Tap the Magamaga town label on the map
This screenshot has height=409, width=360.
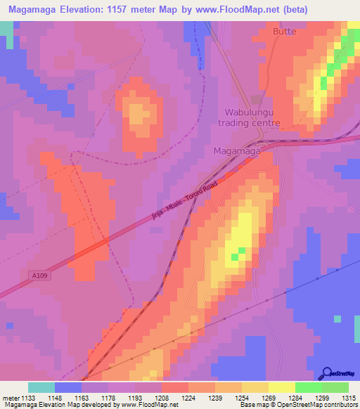(237, 151)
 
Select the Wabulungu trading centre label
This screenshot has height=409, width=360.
(252, 117)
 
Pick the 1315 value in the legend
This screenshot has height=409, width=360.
(349, 397)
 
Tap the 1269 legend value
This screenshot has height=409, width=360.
(269, 397)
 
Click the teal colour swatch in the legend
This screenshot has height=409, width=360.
(41, 387)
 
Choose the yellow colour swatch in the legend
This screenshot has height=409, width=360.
(281, 387)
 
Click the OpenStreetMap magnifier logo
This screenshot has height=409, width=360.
(328, 373)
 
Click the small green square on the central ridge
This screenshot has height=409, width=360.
(242, 250)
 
